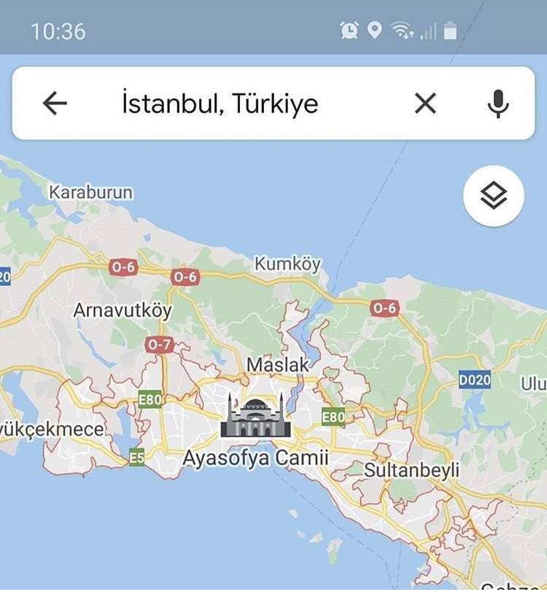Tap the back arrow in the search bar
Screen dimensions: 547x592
tap(55, 104)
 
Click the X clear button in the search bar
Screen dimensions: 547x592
tap(425, 104)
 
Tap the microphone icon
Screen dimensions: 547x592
tap(498, 104)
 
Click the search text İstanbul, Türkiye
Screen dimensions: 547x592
tap(220, 104)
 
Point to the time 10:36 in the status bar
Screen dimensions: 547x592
tap(58, 31)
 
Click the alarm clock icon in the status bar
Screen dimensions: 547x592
tap(349, 30)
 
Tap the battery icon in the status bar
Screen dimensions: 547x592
tap(450, 31)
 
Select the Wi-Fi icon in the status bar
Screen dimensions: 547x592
tap(400, 30)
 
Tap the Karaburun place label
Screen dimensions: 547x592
tap(91, 192)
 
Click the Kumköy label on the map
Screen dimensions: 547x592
tap(287, 264)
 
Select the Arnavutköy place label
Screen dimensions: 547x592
tap(123, 310)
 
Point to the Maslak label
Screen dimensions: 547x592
tap(278, 364)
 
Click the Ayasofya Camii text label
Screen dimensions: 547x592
tap(255, 458)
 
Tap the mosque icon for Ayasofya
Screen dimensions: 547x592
tap(255, 416)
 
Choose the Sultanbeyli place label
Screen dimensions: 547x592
tap(411, 470)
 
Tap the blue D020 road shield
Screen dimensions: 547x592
tap(475, 380)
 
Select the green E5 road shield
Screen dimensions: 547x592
tap(136, 458)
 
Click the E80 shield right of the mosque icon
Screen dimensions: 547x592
tap(333, 417)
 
